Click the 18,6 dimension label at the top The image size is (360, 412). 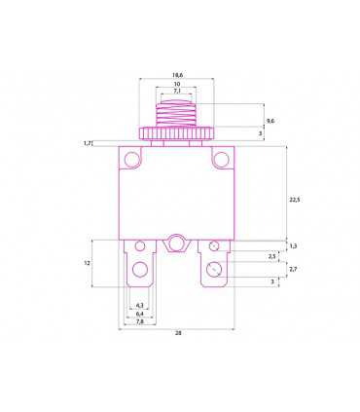pos(178,74)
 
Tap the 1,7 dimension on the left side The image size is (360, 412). pos(89,144)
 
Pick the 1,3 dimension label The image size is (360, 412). pos(295,245)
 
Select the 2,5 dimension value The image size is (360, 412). pos(271,256)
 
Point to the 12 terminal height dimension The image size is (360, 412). pos(87,263)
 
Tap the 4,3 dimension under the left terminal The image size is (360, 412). pos(140,305)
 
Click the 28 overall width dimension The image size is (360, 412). pos(178,333)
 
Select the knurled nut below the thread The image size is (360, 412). pos(177,133)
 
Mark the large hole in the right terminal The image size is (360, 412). pos(214,268)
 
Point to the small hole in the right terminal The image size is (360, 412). pos(214,247)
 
